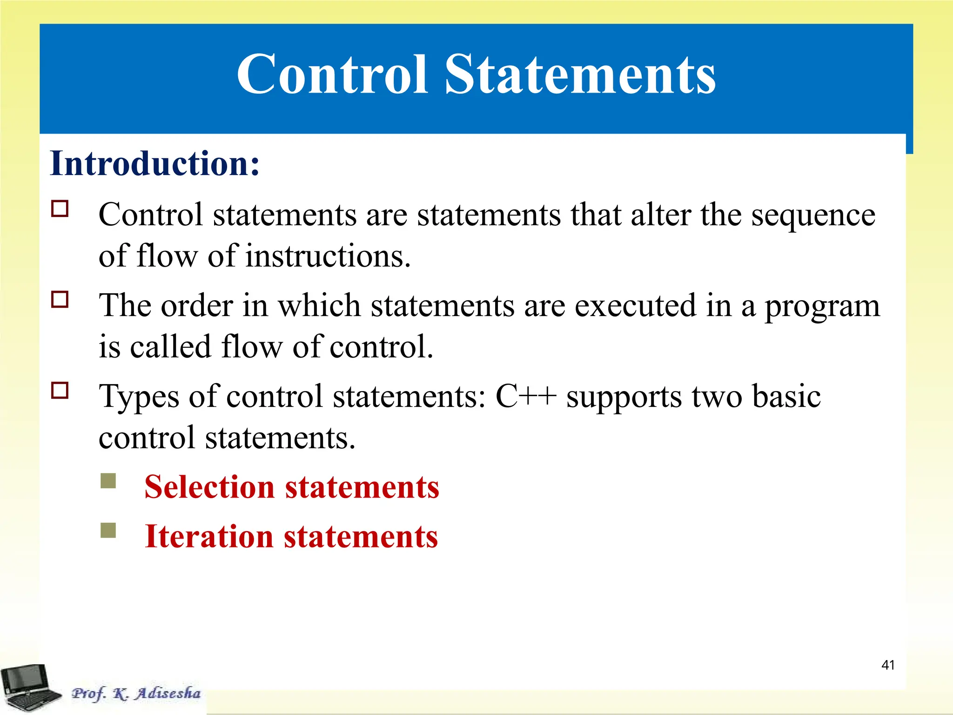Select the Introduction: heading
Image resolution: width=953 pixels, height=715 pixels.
tap(154, 163)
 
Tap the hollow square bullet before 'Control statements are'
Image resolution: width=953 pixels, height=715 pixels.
tap(60, 209)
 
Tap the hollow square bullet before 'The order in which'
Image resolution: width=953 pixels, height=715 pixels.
tap(60, 299)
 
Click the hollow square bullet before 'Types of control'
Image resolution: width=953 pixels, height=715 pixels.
tap(60, 390)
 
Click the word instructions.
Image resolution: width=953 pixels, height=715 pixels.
tap(328, 256)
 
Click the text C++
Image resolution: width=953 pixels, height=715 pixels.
tap(526, 396)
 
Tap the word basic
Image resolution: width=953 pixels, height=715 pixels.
tap(786, 396)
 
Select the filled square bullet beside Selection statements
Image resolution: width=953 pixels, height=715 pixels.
tap(108, 481)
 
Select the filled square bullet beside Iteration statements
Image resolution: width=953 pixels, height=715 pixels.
tap(108, 530)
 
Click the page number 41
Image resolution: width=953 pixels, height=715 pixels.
tap(888, 665)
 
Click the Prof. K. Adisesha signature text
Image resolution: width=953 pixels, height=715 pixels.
tap(136, 693)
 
